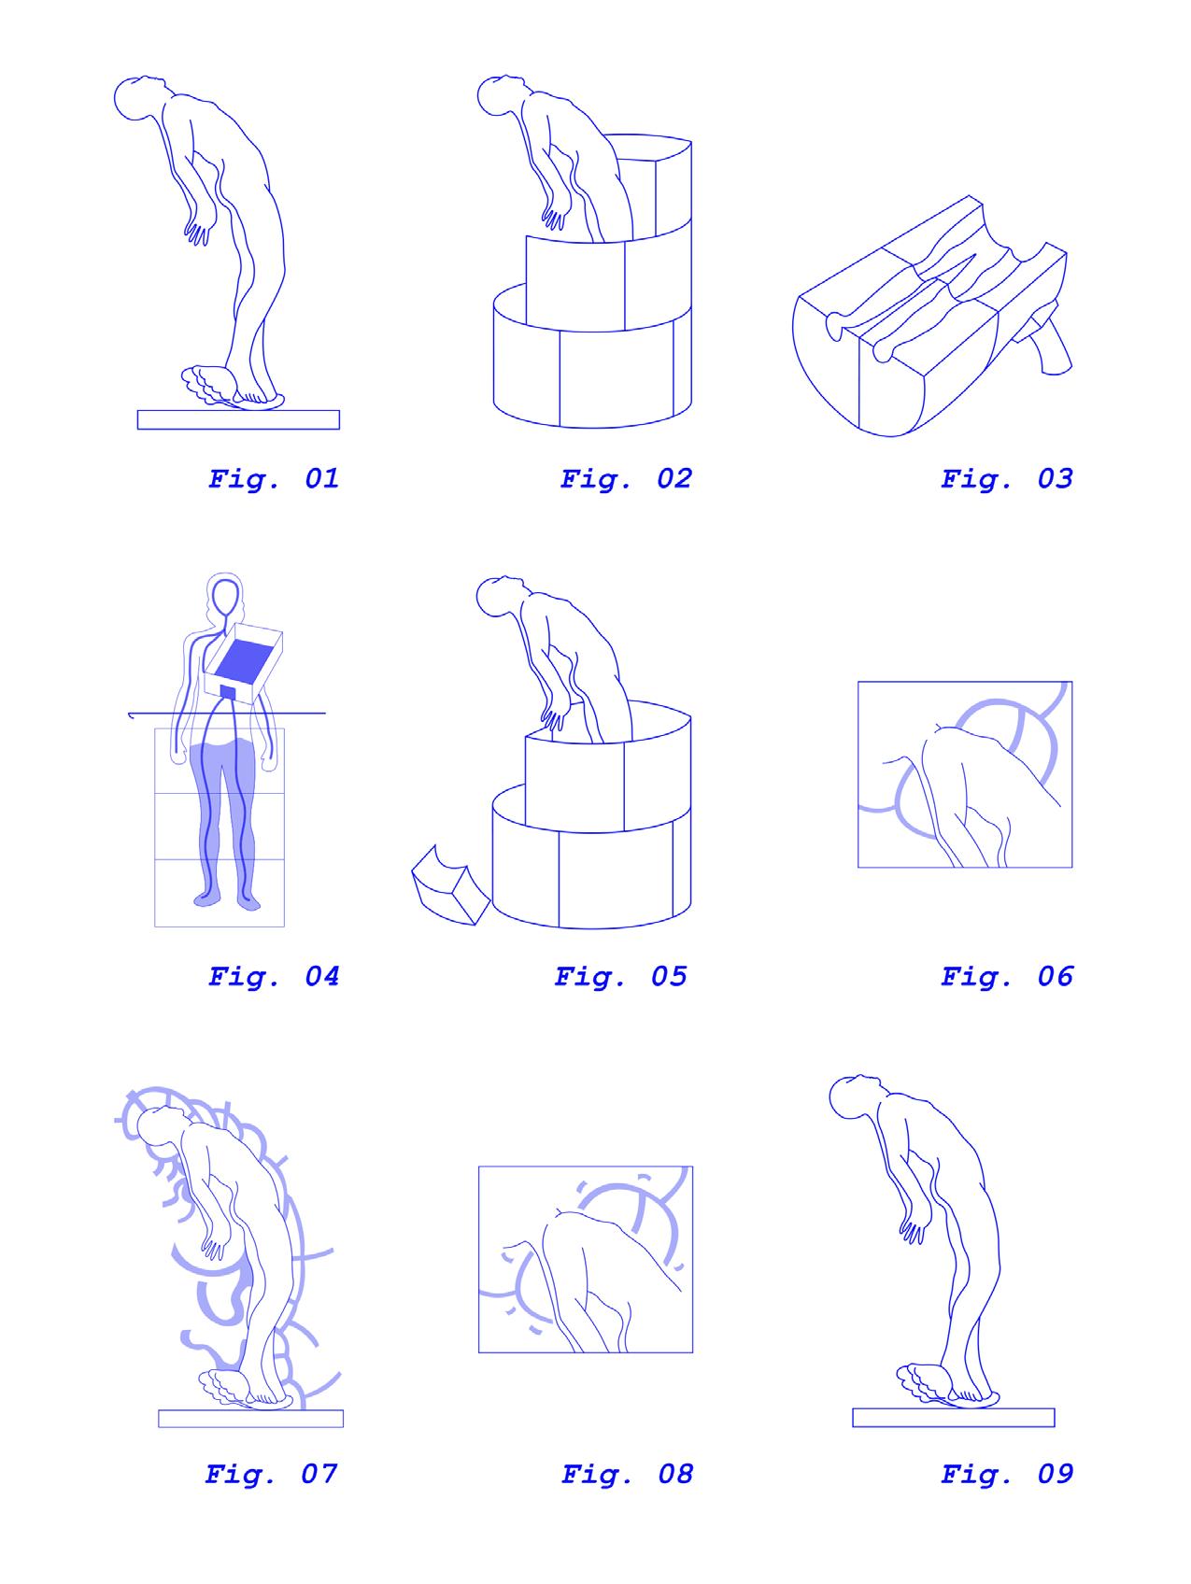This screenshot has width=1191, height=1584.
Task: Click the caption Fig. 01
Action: [273, 479]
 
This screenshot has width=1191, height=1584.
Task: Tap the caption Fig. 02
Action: [626, 479]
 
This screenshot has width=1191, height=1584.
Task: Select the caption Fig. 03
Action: [1007, 479]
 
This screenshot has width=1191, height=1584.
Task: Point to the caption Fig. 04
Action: [273, 977]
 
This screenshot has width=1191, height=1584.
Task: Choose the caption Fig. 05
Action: [620, 977]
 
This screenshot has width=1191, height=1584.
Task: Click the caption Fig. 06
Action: [1007, 977]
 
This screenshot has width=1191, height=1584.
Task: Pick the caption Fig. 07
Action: [271, 1475]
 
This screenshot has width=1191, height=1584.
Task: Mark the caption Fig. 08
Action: [627, 1475]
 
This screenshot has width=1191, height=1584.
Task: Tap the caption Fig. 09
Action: [1007, 1475]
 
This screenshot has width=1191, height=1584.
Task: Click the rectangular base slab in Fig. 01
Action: [238, 419]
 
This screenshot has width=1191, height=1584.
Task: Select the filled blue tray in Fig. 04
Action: [245, 659]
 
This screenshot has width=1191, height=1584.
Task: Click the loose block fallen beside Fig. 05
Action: [449, 884]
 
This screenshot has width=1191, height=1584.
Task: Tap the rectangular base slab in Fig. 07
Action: [250, 1418]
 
